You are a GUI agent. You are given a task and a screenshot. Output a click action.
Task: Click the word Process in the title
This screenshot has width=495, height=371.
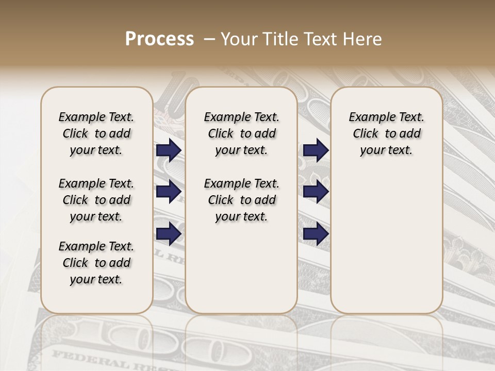[x=159, y=39]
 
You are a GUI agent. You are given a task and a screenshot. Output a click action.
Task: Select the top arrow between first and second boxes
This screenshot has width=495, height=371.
[x=169, y=150]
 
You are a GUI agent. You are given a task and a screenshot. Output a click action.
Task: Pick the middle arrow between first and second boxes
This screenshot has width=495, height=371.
[x=169, y=192]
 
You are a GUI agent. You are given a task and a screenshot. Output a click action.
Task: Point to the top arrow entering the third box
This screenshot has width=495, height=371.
[x=316, y=150]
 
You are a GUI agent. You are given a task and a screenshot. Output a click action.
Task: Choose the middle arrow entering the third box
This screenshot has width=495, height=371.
[x=316, y=192]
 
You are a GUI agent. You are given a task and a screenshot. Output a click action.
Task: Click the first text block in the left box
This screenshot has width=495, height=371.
[x=96, y=133]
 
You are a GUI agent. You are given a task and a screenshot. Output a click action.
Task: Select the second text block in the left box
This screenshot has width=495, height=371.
[x=96, y=200]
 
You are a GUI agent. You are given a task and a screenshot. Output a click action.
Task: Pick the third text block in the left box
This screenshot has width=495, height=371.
[x=96, y=263]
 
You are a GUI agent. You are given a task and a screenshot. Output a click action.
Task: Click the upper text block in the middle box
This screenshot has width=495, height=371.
[x=241, y=133]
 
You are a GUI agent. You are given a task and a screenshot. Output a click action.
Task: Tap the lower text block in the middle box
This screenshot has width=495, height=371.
[x=241, y=200]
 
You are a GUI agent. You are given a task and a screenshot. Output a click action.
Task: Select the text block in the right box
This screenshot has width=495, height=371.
[x=386, y=133]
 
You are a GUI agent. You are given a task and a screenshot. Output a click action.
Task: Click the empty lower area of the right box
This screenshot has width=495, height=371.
[x=386, y=242]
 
